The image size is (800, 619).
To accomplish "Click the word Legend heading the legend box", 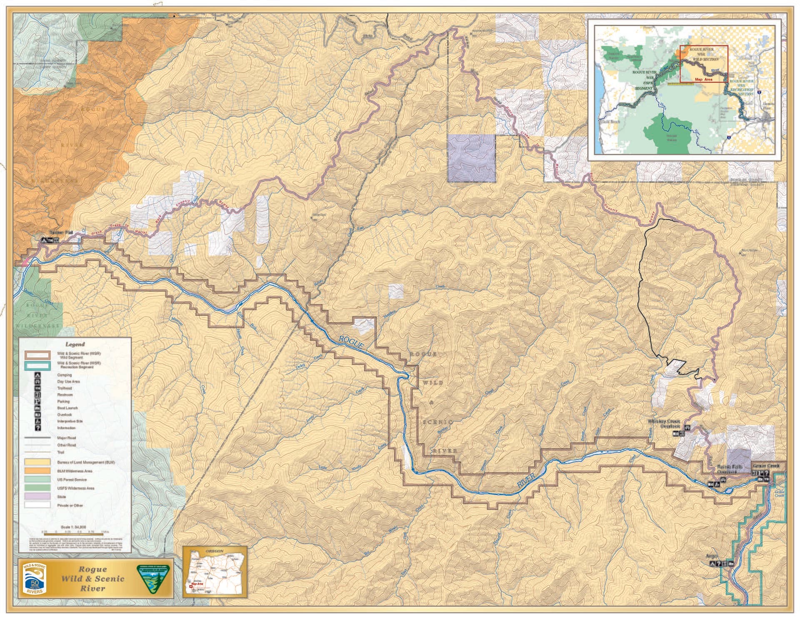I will click(75, 344).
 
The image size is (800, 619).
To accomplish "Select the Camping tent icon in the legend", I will click(38, 375).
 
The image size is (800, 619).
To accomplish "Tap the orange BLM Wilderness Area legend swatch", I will click(37, 471).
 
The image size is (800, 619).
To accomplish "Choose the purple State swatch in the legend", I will click(37, 497).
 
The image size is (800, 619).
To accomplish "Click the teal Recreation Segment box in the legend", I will click(37, 366).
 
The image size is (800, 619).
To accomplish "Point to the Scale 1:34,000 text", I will click(73, 527).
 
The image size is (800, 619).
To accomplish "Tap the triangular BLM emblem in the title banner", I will click(148, 579).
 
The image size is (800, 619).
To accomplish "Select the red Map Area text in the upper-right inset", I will click(703, 79).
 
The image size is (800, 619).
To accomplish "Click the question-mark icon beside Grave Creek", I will click(767, 473).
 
